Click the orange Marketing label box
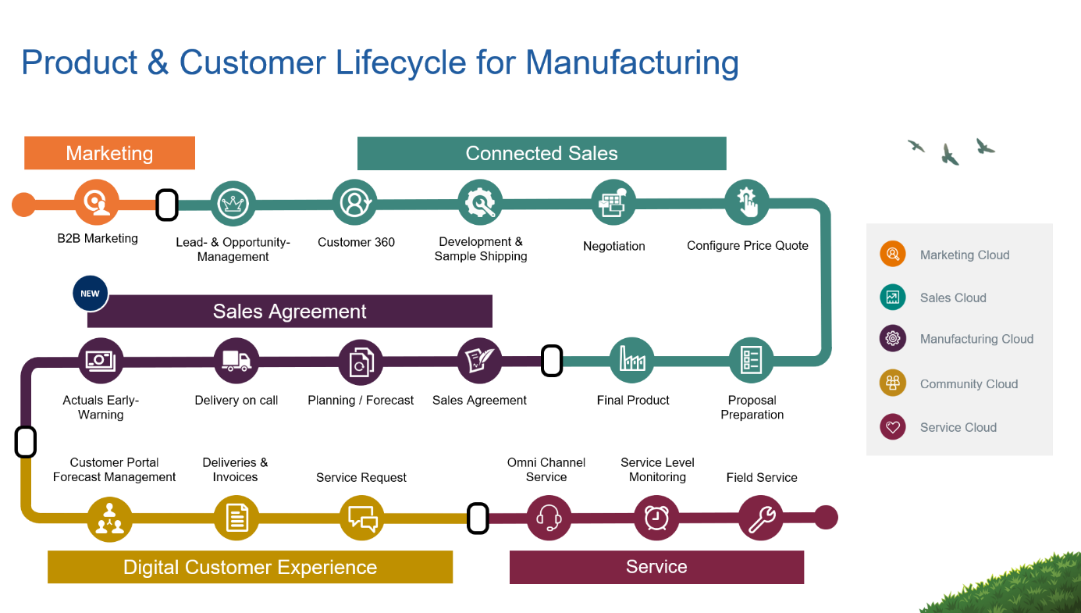point(109,153)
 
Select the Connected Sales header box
point(542,153)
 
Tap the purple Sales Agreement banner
point(290,312)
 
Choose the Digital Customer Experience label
point(250,567)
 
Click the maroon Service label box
point(656,567)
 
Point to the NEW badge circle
point(91,294)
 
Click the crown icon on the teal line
point(233,203)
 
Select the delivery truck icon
point(236,361)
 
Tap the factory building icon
point(632,360)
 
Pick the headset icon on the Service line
point(549,517)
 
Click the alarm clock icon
point(656,517)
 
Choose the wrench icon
point(761,517)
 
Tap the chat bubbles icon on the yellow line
point(362,518)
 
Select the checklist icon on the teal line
point(752,360)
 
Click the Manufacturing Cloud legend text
point(976,339)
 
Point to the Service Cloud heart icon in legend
point(893,427)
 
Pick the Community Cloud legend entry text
point(969,384)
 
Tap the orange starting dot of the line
point(23,205)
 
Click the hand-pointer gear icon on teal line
point(747,202)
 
